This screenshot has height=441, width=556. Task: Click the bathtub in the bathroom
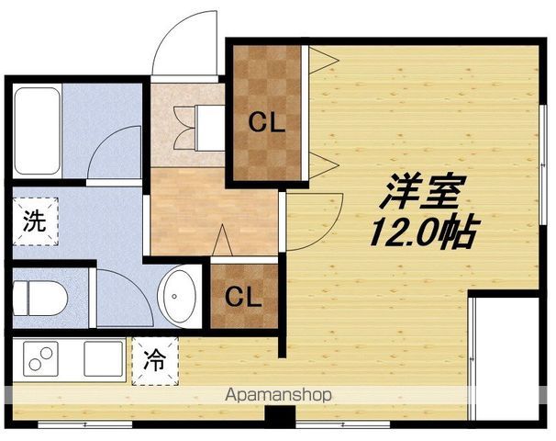coord(38,130)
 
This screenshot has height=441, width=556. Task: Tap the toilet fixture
coord(40,299)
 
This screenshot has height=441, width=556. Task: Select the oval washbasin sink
coord(176,296)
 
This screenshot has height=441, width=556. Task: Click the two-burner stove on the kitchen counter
coord(40,358)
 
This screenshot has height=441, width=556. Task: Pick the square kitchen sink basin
coord(104,358)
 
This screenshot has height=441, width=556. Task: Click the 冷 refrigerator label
coord(155,360)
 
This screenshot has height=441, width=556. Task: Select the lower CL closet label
coord(244,297)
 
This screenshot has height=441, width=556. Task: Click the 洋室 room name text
coord(422,191)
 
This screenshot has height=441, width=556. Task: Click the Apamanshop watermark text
coord(278,395)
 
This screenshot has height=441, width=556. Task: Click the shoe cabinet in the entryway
coord(210,128)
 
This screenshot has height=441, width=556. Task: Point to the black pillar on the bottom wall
coord(280,415)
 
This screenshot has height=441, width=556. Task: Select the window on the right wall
coord(542,164)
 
